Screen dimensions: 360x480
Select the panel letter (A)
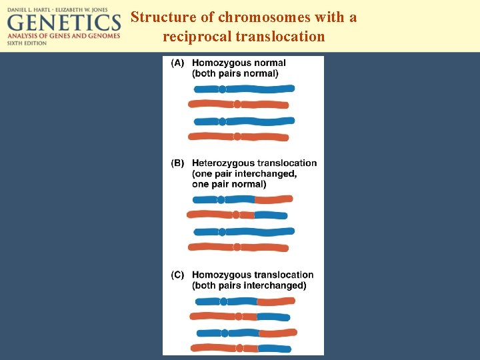[x=177, y=63]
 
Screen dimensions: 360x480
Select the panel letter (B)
[x=177, y=163]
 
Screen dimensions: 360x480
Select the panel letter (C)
[x=177, y=275]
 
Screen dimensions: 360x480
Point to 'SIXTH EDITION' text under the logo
[x=27, y=42]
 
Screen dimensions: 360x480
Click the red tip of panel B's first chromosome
[x=274, y=199]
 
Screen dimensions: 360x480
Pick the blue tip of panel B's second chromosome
[x=271, y=215]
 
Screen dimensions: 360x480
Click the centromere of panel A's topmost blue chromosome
[x=222, y=88]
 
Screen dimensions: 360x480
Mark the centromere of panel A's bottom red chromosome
[x=237, y=137]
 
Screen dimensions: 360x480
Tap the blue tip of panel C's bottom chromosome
[x=275, y=348]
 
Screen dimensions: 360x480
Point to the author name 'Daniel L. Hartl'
[x=33, y=6]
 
